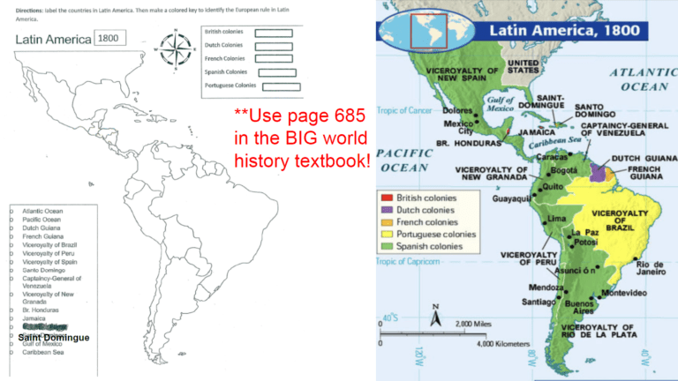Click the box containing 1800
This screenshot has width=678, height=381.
(111, 39)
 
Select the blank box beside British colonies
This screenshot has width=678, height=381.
(274, 33)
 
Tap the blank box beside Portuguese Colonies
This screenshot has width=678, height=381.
(282, 86)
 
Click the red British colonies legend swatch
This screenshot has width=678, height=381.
(386, 198)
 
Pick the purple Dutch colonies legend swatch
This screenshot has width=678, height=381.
(386, 211)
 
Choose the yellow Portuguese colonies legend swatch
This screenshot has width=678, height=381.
(386, 235)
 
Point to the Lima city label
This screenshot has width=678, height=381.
(558, 218)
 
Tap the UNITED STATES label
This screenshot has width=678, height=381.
(530, 68)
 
